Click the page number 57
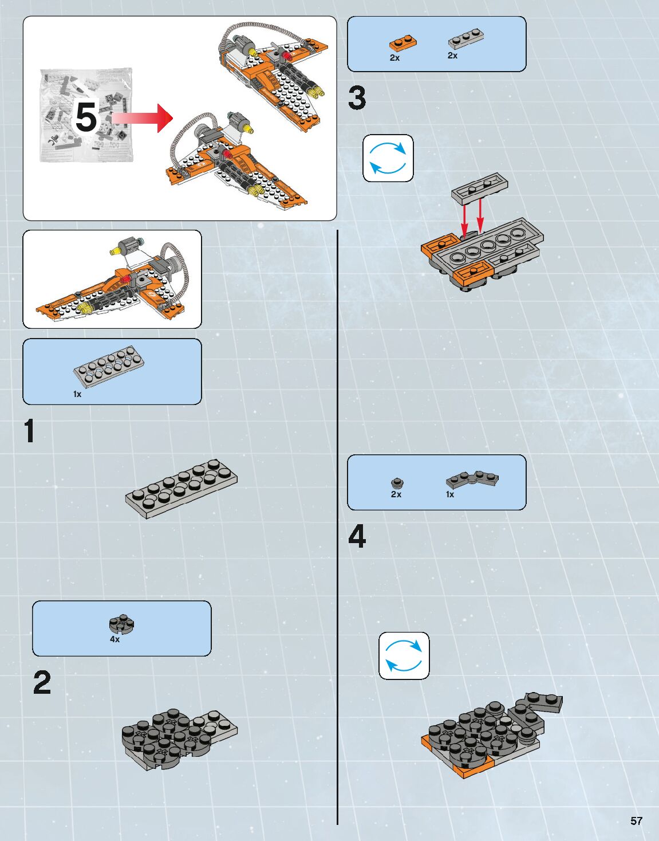(636, 821)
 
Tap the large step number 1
(30, 431)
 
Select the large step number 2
(42, 682)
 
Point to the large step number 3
(357, 98)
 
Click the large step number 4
(357, 537)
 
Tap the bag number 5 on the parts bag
(86, 117)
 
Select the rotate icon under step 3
(388, 158)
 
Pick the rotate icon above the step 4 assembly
(404, 656)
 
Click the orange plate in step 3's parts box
(402, 43)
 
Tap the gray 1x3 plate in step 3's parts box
(465, 39)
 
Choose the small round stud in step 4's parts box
(396, 483)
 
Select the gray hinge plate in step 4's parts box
(472, 479)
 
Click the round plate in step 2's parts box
(121, 624)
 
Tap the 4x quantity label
(115, 639)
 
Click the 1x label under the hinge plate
(450, 494)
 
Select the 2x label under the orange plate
(394, 58)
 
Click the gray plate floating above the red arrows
(480, 188)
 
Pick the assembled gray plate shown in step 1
(181, 488)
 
